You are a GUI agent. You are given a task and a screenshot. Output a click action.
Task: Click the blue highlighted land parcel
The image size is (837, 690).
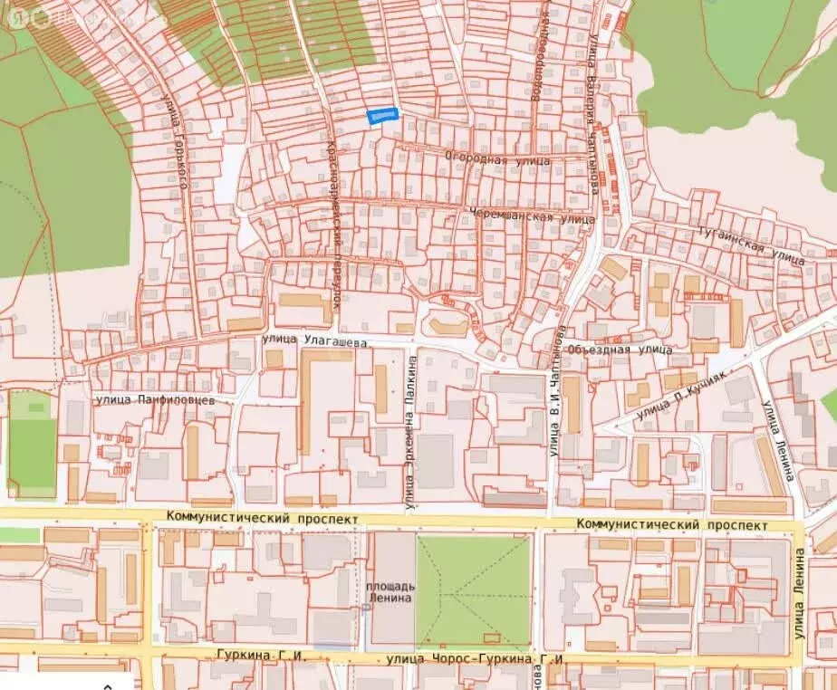coord(382,115)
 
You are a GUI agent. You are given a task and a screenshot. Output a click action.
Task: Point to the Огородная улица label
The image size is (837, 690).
coord(497,159)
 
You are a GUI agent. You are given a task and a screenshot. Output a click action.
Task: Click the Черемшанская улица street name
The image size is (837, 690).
coord(532,217)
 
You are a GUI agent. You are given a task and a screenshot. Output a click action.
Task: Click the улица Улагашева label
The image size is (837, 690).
coord(314,342)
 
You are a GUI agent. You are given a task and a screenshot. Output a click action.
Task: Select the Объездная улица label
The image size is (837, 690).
coord(620,349)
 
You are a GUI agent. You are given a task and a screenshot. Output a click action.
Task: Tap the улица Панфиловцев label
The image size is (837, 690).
coord(155,398)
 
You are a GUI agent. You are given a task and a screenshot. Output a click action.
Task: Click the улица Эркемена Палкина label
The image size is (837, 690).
coord(411,432)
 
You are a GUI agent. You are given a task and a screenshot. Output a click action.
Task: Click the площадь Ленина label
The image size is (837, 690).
coord(390,591)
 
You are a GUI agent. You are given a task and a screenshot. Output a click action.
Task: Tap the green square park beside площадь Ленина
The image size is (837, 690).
coord(473,589)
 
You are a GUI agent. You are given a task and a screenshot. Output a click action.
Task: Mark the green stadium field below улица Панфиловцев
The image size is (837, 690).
coord(32,445)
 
